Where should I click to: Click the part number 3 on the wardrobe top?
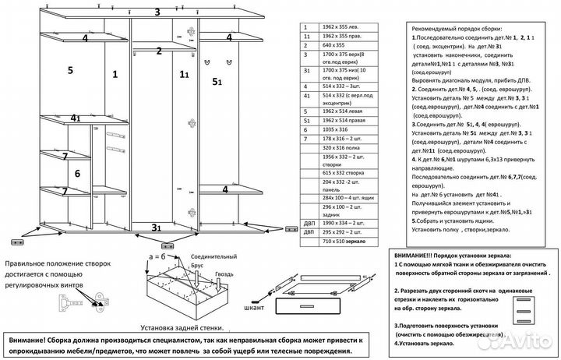[x=157, y=12]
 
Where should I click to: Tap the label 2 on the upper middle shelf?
[x=159, y=51]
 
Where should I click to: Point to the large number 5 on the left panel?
[x=70, y=70]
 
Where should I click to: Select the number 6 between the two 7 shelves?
[x=77, y=174]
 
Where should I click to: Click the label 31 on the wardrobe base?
[x=157, y=227]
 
